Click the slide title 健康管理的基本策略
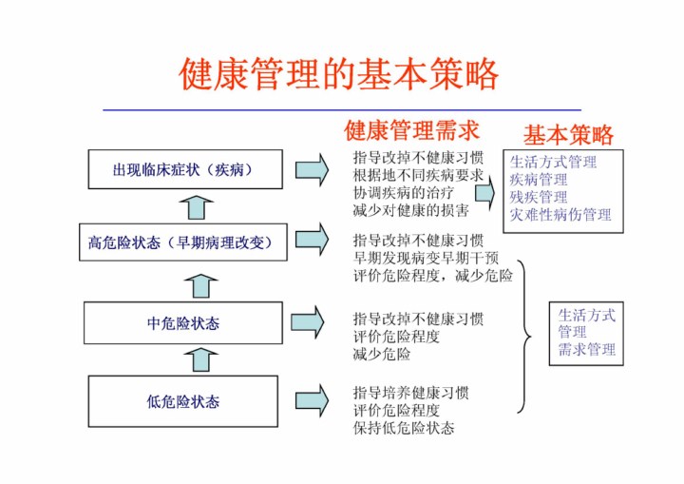point(339,72)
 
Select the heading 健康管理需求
point(411,129)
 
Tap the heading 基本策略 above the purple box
point(568,134)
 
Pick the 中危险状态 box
point(182,323)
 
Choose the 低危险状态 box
point(182,401)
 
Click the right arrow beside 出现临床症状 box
point(312,170)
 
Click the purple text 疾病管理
point(538,179)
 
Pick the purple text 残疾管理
point(538,197)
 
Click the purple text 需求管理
point(586,349)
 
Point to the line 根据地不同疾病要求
point(418,175)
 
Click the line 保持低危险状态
point(404,428)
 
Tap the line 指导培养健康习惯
point(410,393)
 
